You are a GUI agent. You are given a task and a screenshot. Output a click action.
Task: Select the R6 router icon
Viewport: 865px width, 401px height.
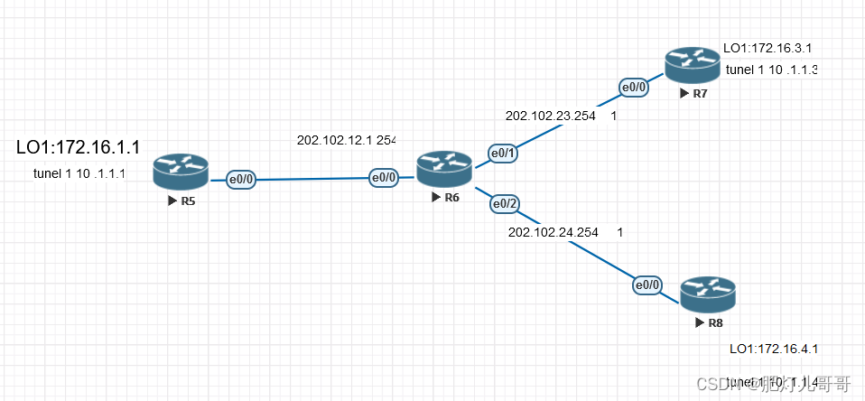pyautogui.click(x=444, y=168)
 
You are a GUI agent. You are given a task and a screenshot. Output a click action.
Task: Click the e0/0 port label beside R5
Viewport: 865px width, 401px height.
pyautogui.click(x=241, y=179)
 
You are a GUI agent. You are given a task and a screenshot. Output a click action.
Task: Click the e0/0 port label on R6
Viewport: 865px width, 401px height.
pyautogui.click(x=384, y=178)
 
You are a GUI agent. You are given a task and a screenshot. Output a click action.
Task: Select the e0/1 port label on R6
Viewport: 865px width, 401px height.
pyautogui.click(x=503, y=153)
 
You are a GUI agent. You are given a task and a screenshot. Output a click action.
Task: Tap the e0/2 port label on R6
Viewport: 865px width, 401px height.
pyautogui.click(x=505, y=204)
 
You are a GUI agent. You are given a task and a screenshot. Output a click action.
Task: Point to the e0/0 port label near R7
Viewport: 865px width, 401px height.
pyautogui.click(x=633, y=88)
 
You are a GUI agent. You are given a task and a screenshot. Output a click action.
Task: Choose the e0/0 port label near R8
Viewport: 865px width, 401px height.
pyautogui.click(x=646, y=285)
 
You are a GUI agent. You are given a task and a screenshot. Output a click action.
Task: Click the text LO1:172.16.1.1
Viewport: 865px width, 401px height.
pyautogui.click(x=78, y=146)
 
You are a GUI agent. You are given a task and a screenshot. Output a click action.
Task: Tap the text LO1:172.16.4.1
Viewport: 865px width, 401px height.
pyautogui.click(x=774, y=349)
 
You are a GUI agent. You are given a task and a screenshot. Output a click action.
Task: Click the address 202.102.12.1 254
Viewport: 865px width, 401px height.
pyautogui.click(x=347, y=140)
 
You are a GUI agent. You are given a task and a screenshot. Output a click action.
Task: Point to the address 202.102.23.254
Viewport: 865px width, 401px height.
pyautogui.click(x=552, y=116)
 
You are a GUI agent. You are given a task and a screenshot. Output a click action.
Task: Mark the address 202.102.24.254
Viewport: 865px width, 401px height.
pyautogui.click(x=553, y=232)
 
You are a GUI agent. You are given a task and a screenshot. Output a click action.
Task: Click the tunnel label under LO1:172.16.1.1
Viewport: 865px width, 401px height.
pyautogui.click(x=79, y=173)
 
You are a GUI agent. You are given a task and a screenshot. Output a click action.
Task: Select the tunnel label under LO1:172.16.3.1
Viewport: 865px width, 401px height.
pyautogui.click(x=771, y=70)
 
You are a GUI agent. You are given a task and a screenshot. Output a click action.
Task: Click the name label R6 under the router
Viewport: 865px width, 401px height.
pyautogui.click(x=451, y=198)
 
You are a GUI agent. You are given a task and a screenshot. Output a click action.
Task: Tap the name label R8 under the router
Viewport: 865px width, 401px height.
pyautogui.click(x=714, y=322)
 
